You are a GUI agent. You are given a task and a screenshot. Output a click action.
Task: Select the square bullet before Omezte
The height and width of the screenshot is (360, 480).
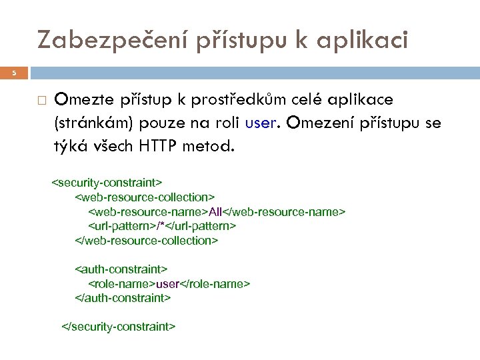(41, 101)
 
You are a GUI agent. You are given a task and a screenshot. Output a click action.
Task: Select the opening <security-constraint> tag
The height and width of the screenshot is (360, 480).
(107, 182)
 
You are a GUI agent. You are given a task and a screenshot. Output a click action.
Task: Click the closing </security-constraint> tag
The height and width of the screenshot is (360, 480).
(118, 327)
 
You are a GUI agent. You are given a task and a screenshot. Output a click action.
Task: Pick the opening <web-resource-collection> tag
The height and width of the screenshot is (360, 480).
(145, 197)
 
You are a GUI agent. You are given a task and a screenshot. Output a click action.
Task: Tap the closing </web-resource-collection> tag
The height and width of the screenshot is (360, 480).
(146, 240)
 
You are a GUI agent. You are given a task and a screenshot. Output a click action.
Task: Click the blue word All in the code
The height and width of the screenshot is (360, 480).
(215, 211)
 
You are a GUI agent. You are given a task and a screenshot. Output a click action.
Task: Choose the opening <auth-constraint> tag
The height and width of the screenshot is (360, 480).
(121, 269)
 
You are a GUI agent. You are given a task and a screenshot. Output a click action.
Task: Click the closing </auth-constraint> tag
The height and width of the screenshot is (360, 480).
(123, 298)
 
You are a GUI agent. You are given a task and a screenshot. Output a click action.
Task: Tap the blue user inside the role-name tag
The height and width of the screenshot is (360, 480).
(167, 284)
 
